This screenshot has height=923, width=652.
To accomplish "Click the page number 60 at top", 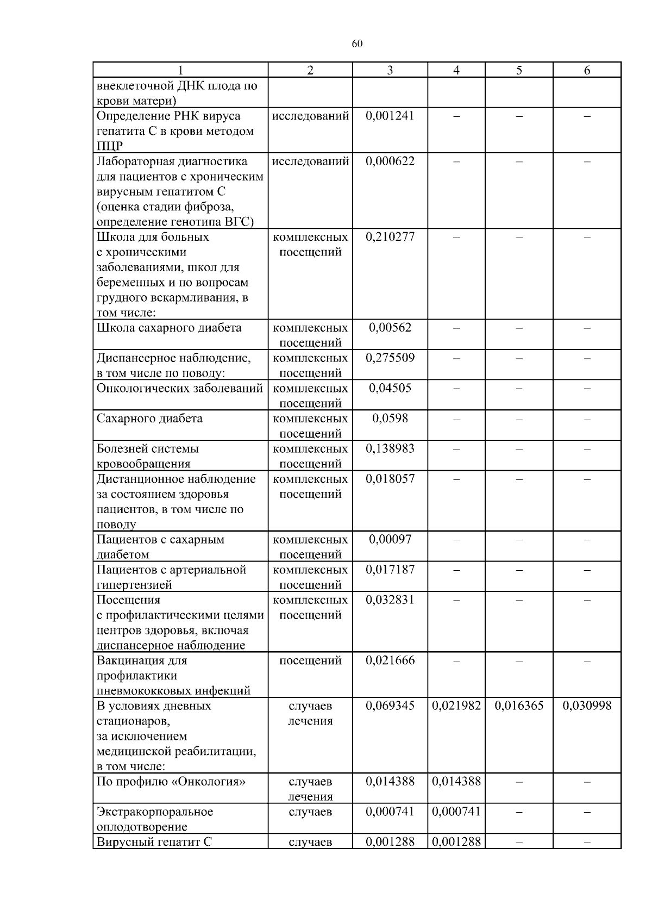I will click(357, 44).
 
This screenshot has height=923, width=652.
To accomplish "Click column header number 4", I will click(456, 70).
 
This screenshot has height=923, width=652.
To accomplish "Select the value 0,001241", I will click(390, 116).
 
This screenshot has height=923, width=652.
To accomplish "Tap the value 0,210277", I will click(390, 237).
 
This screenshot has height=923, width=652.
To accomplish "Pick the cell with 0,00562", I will click(390, 328).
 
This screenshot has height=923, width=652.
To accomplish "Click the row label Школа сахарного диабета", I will click(169, 328).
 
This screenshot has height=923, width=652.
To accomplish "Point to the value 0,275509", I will click(390, 358).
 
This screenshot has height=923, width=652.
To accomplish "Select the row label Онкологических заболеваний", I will click(179, 388).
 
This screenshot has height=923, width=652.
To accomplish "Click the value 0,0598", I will click(390, 419).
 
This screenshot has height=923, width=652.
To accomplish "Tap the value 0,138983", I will click(390, 449).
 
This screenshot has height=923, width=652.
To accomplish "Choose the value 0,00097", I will click(390, 540).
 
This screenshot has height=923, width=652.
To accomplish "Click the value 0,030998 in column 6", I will click(587, 706).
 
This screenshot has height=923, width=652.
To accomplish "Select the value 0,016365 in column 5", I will click(519, 706).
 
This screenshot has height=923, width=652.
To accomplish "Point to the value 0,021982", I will click(456, 706).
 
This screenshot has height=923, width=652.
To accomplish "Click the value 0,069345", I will click(390, 706).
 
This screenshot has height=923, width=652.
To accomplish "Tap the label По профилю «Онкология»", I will click(171, 782).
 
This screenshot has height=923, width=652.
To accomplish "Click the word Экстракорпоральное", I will click(155, 812).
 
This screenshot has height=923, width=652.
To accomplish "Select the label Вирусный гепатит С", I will click(154, 843).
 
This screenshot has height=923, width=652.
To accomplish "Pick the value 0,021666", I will click(390, 660).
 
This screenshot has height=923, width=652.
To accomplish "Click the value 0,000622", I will click(390, 161).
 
